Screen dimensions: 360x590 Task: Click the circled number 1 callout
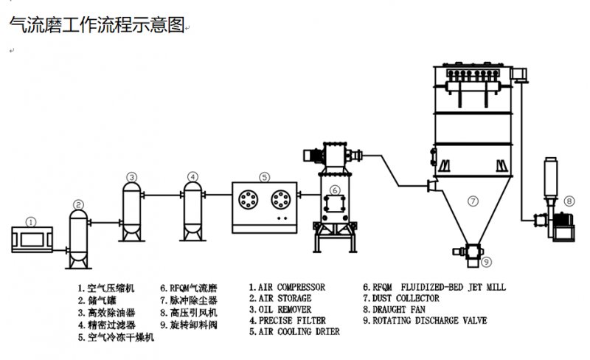coord(30,221)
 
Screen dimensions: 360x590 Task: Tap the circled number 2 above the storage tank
coord(78,204)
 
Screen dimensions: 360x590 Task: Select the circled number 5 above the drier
coord(265,177)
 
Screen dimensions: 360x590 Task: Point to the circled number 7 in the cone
coord(473,199)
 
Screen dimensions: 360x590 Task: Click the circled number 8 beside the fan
coord(569,201)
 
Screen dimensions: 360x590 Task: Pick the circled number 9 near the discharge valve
coord(485,261)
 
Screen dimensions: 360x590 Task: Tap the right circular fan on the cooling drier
coord(282,198)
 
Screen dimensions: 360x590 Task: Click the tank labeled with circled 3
coord(131,210)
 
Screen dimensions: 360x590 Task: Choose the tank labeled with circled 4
coord(192,210)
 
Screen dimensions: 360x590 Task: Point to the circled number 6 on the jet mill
coord(334,190)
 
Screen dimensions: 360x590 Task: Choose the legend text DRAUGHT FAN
coord(395,310)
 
